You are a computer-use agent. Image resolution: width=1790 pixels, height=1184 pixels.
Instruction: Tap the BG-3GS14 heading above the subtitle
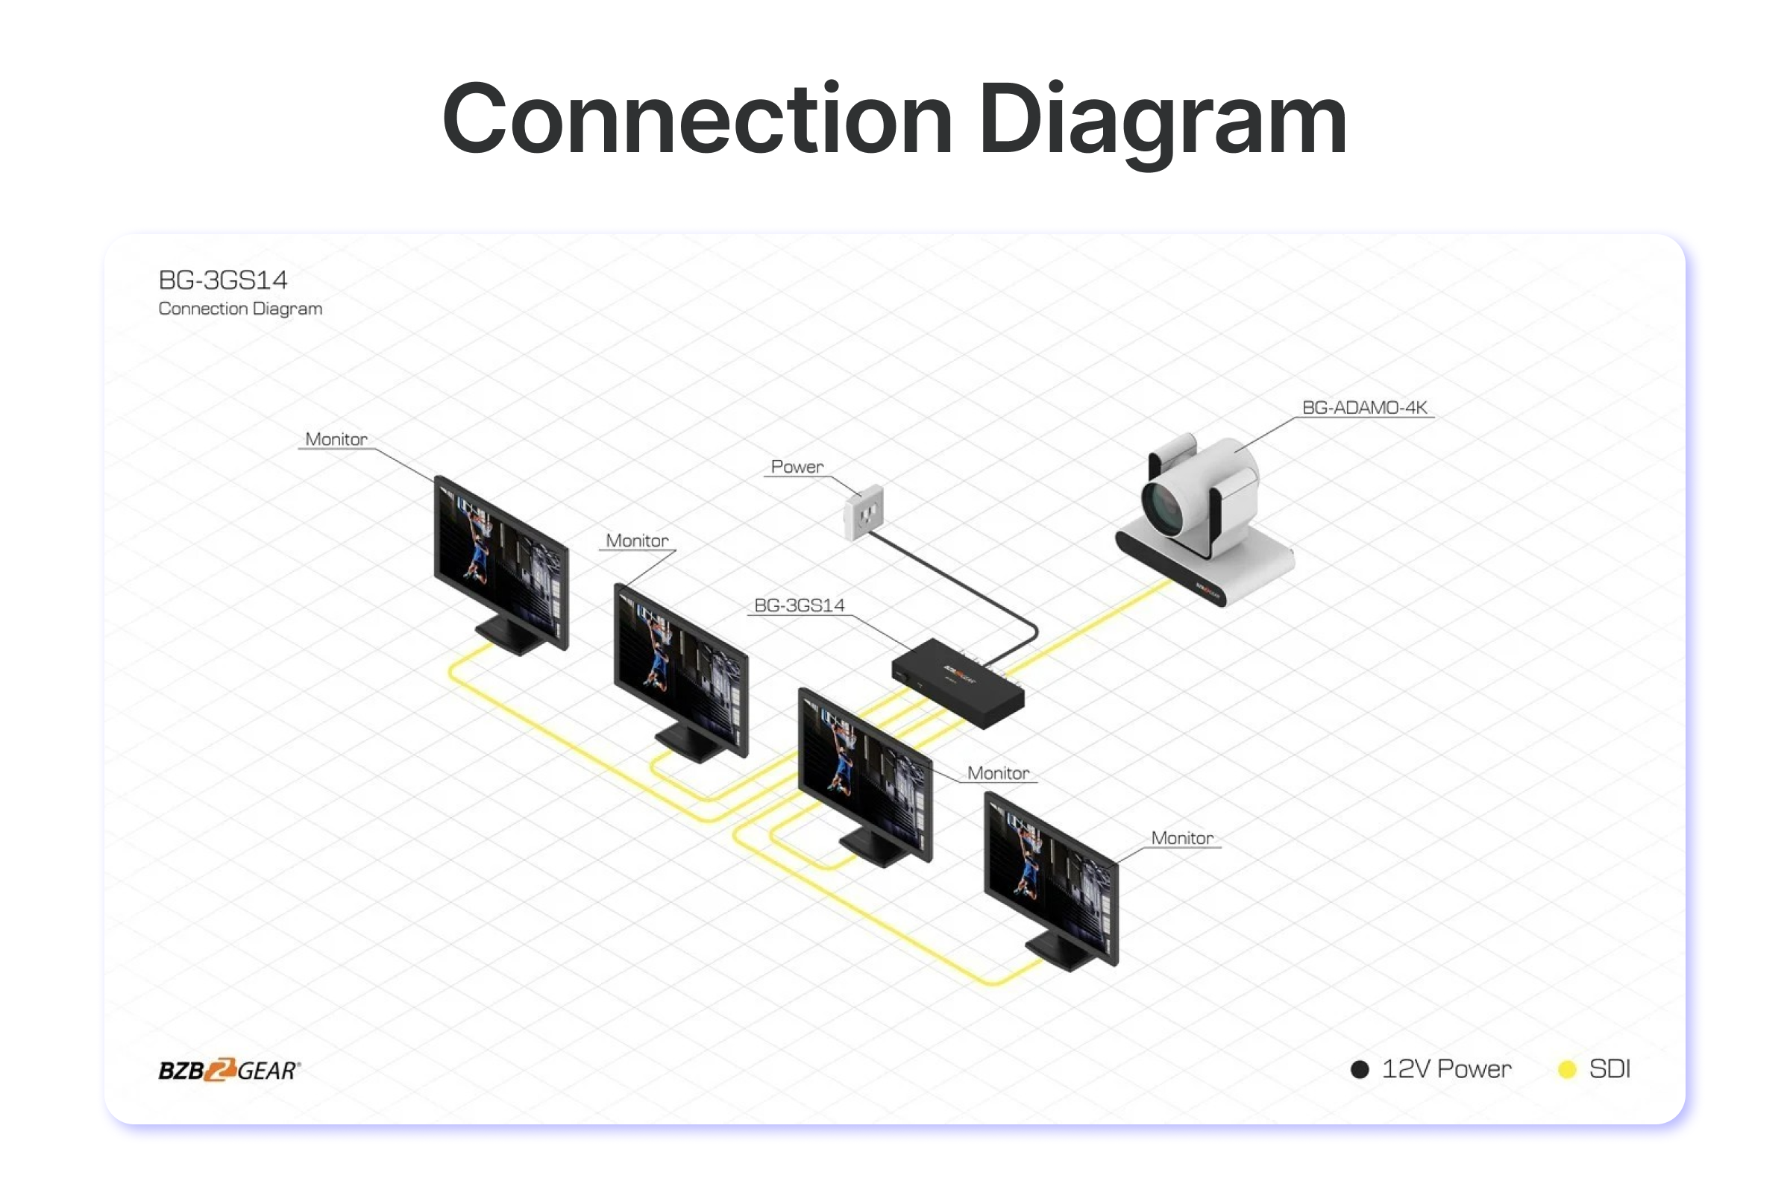(223, 280)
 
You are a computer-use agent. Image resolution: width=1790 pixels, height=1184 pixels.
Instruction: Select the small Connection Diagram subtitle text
(240, 309)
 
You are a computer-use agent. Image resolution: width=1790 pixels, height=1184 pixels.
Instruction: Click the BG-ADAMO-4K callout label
(1364, 408)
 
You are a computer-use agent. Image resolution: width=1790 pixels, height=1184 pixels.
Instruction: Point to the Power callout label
(797, 467)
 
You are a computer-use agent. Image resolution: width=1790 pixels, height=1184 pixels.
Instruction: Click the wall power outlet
(863, 513)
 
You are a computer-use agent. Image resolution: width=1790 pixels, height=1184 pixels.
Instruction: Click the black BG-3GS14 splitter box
(958, 684)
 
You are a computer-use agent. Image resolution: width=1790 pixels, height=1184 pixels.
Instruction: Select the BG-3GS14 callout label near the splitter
(799, 605)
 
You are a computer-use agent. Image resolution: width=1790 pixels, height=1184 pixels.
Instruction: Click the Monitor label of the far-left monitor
(336, 439)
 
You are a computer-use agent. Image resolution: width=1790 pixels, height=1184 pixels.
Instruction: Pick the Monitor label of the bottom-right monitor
(1182, 838)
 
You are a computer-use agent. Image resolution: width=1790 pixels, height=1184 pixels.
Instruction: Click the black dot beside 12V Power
(1360, 1069)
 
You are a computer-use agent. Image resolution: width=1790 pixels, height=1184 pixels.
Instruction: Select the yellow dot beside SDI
(1567, 1069)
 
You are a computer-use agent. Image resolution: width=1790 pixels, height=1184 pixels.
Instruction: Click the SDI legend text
(1610, 1069)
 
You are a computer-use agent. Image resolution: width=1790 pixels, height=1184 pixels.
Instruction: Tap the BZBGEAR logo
(229, 1070)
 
